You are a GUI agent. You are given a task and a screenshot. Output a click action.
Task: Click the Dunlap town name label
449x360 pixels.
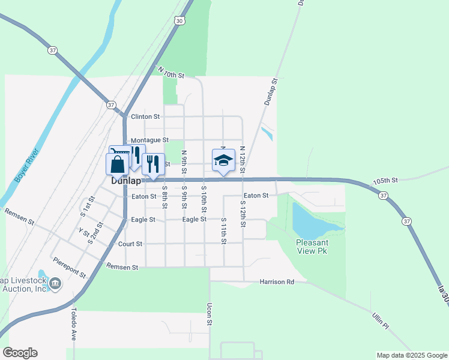(x=126, y=181)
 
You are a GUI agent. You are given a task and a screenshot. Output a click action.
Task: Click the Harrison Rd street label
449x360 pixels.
(x=277, y=281)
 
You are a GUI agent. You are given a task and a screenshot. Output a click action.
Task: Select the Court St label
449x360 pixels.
(x=130, y=244)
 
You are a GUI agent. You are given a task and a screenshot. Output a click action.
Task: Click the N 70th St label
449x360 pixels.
(x=170, y=73)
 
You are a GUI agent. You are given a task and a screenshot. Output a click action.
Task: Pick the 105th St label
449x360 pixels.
(x=385, y=180)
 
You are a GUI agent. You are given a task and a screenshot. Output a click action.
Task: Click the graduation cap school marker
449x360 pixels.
(x=223, y=160)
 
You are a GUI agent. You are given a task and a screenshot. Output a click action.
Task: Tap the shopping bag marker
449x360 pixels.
(x=118, y=165)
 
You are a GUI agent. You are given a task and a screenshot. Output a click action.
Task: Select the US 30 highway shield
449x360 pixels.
(x=179, y=20)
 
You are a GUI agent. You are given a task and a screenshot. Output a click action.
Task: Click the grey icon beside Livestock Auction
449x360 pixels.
(x=55, y=283)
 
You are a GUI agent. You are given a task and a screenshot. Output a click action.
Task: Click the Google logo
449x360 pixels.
(x=20, y=353)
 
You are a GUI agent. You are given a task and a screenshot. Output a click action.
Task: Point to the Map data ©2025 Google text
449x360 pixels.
(x=411, y=355)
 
